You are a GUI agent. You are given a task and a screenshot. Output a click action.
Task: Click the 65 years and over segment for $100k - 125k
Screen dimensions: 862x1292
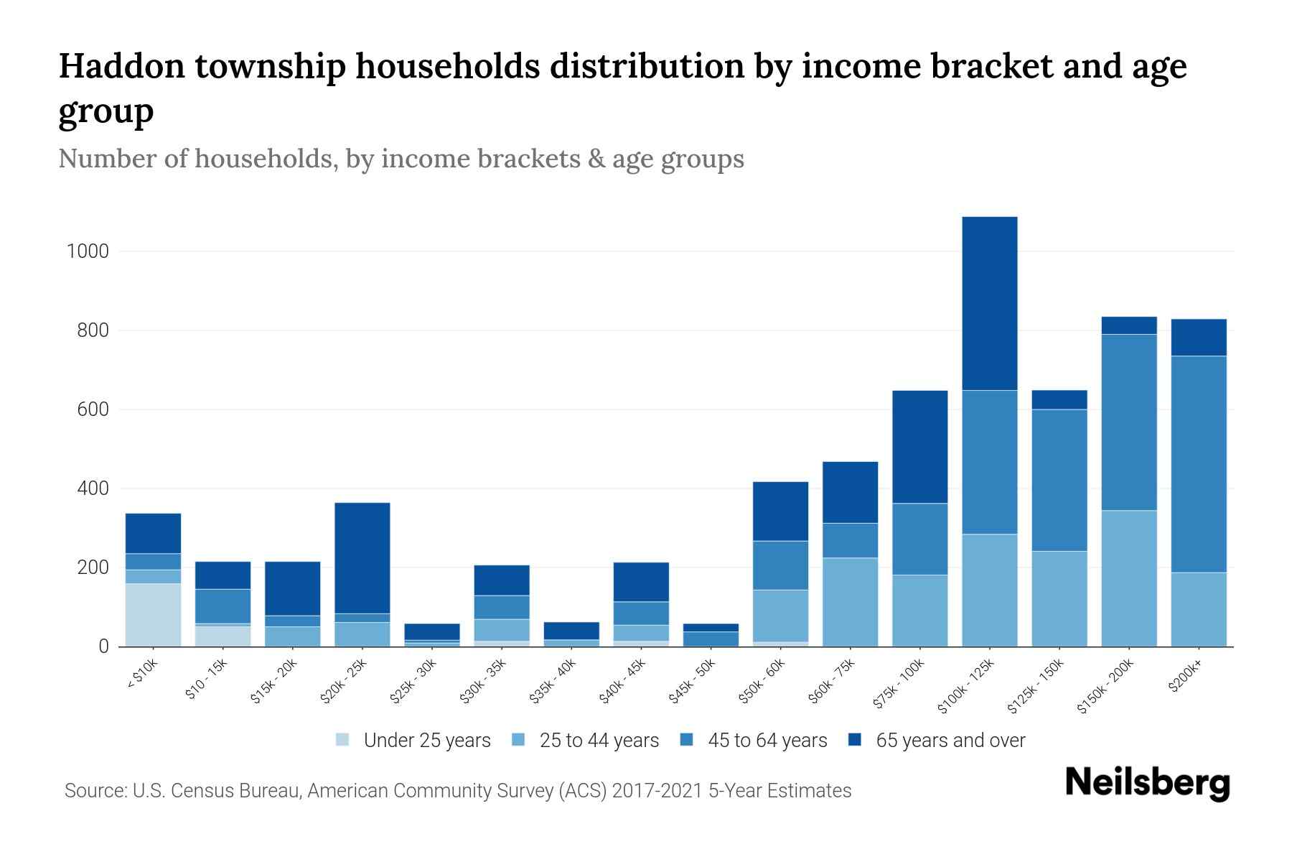989,303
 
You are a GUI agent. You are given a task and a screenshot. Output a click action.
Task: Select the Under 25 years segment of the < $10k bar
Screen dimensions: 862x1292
153,615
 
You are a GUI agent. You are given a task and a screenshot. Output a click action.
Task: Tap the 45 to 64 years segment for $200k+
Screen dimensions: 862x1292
1198,464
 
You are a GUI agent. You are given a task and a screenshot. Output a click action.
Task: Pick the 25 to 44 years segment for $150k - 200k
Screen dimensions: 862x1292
1128,578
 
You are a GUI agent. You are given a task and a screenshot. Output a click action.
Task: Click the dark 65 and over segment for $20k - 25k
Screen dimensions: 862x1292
362,557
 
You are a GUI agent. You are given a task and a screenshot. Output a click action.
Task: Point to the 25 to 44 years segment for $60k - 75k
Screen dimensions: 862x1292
850,602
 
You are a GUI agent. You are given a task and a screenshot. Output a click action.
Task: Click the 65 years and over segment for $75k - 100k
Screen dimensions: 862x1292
919,447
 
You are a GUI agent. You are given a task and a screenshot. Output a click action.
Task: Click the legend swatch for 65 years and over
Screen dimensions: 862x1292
855,740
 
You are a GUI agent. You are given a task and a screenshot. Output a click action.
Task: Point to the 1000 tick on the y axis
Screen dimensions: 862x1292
88,251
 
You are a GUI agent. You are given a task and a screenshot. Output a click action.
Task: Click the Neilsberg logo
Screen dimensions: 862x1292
1147,782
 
